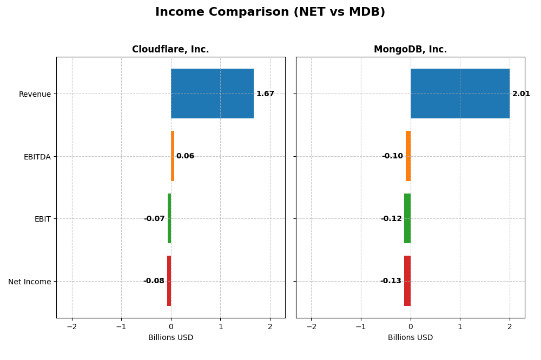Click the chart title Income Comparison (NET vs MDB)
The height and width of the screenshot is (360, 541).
pos(270,12)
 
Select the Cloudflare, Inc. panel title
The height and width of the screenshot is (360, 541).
pos(170,50)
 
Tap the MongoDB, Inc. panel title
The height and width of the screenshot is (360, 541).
pos(410,50)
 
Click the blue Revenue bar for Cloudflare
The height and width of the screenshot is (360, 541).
pos(212,94)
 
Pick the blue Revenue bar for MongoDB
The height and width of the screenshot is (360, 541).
pos(460,94)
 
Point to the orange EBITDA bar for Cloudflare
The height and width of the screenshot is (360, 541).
pos(173,156)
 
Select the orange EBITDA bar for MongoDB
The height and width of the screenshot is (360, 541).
pos(408,156)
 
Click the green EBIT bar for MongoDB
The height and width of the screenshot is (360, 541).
pos(407,218)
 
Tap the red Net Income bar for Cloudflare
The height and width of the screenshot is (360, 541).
pos(169,281)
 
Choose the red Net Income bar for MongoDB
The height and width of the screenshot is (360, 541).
pos(407,281)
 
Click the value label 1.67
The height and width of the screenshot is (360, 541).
pos(265,94)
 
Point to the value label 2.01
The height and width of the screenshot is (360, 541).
pos(521,94)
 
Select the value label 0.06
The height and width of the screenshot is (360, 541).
pos(185,156)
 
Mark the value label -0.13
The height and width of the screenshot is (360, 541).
pos(391,281)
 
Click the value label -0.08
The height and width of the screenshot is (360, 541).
pos(154,281)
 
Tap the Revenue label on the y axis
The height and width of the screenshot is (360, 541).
pos(35,95)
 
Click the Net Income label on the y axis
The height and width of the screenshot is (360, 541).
pos(30,282)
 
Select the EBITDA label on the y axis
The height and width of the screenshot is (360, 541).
pos(37,157)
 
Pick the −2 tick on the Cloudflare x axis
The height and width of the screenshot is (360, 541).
pos(72,327)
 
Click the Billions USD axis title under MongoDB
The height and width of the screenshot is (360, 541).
pos(410,338)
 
